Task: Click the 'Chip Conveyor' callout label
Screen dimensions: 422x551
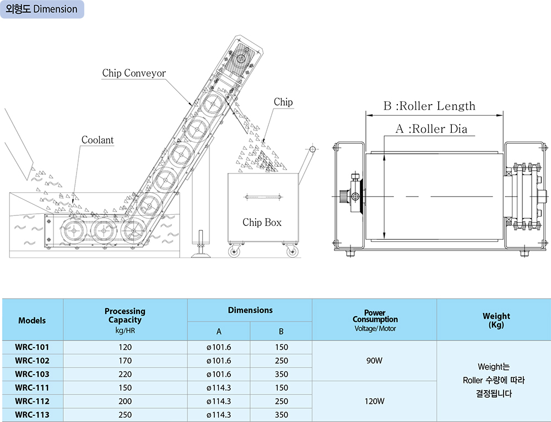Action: click(134, 73)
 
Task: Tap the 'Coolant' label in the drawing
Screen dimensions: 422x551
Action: click(98, 140)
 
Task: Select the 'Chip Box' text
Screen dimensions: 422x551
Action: click(262, 223)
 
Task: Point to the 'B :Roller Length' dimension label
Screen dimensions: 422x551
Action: click(429, 106)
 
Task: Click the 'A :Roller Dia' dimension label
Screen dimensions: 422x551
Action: click(431, 129)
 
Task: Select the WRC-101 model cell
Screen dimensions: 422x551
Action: click(32, 348)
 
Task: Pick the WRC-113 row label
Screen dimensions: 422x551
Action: click(32, 415)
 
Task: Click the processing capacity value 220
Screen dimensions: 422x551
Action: click(125, 374)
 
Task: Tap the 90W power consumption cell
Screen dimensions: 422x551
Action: click(374, 361)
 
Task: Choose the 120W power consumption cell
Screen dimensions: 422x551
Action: click(374, 401)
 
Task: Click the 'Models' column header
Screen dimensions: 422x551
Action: click(32, 320)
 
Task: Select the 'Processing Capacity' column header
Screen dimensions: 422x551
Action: click(125, 316)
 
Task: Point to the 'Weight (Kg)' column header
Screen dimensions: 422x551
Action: click(496, 320)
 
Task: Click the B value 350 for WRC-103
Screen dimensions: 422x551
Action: click(281, 374)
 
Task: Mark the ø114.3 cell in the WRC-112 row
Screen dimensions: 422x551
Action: click(219, 401)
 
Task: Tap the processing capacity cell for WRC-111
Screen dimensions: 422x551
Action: click(125, 388)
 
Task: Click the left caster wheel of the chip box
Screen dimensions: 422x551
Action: click(234, 252)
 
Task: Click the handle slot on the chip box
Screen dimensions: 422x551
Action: click(264, 197)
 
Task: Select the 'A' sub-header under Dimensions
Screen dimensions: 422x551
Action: click(219, 331)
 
